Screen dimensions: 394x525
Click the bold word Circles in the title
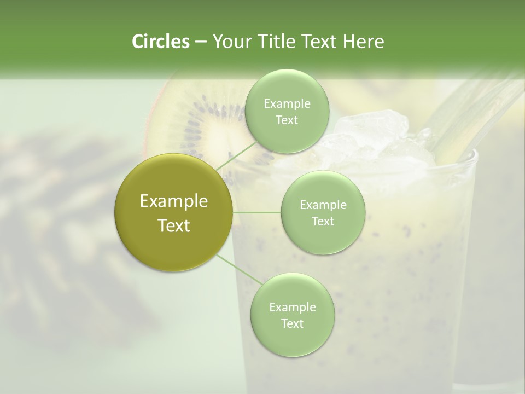(160, 42)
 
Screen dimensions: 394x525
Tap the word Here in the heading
(362, 42)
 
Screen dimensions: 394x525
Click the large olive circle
(174, 212)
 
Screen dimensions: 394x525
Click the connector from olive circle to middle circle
(256, 212)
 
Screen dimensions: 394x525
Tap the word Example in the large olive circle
(174, 201)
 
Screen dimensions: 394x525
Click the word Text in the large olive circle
(174, 225)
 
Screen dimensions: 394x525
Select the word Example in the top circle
(287, 104)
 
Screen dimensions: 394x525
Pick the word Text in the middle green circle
(323, 221)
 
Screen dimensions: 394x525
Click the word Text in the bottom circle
(292, 323)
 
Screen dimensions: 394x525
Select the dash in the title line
(200, 42)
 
